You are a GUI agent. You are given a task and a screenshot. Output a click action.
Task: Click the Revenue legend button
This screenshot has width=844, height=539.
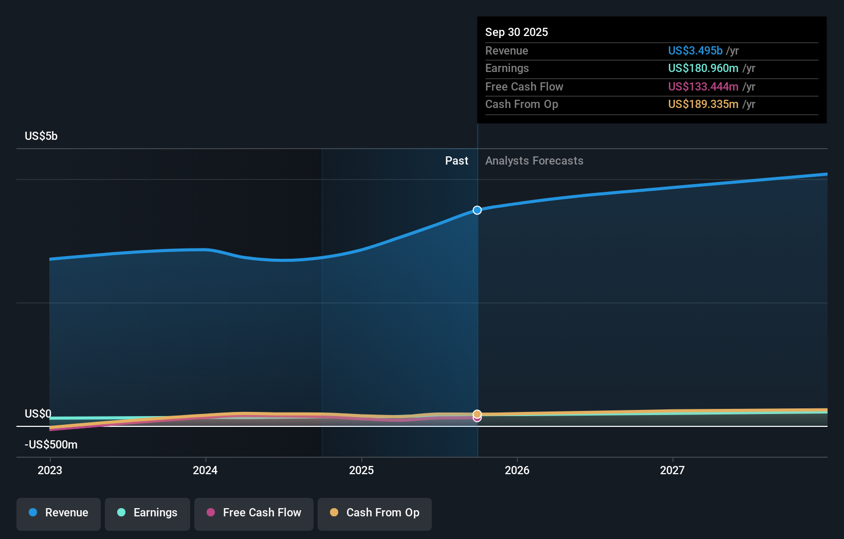(59, 513)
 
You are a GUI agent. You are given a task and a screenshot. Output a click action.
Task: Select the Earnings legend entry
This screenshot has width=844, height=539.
(148, 513)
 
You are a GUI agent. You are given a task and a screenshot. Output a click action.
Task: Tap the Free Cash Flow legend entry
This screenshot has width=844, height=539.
(254, 513)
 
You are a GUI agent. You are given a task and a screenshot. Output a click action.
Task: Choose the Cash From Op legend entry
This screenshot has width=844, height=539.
(375, 513)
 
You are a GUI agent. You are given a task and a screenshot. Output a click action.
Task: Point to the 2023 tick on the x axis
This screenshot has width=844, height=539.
(50, 470)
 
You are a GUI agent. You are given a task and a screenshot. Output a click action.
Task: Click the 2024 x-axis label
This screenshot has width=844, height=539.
(205, 470)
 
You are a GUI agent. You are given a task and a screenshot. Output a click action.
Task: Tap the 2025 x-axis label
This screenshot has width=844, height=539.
(361, 470)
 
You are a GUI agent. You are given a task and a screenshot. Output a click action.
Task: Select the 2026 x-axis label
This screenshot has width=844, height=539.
(517, 470)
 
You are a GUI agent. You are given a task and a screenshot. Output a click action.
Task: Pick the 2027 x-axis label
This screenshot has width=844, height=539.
(672, 470)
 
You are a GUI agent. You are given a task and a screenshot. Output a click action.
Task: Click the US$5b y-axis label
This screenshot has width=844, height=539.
(41, 136)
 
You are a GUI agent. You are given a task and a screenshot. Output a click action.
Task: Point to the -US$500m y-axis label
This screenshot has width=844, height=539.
(51, 445)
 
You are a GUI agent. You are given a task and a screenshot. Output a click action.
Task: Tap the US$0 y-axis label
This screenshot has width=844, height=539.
(38, 414)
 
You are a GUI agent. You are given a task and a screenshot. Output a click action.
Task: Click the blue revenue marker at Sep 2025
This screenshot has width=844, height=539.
(477, 210)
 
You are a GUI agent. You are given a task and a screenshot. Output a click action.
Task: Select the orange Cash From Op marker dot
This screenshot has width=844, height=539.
(477, 414)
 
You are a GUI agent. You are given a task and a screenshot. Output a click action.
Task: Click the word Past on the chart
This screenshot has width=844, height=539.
(456, 161)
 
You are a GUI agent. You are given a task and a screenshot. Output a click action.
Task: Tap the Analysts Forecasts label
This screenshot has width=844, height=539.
(534, 161)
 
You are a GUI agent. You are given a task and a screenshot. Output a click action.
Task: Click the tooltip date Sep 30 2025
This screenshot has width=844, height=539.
(517, 32)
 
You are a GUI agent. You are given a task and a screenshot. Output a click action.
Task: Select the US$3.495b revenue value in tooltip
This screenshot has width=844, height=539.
(695, 51)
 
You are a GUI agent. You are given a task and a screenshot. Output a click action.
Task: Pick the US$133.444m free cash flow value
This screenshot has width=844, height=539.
(703, 87)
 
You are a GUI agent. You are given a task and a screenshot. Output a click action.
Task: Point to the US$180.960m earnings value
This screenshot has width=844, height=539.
(703, 68)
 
